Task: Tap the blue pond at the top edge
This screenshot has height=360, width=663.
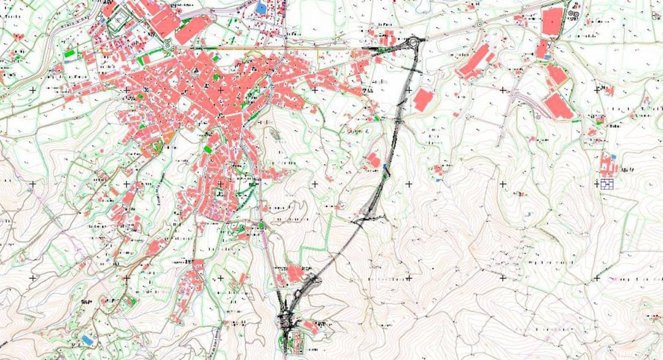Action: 262,7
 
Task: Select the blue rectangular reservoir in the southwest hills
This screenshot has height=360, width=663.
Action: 89,338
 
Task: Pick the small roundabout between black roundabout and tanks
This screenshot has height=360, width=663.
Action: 479,25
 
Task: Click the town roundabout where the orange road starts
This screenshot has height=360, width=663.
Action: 168,44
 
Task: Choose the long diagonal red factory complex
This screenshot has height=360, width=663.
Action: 476,61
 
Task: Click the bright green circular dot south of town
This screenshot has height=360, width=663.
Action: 261,225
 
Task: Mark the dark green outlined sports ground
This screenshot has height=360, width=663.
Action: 115,22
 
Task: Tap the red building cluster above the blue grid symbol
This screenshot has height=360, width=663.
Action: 608,163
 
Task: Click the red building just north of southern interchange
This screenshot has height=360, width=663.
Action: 295,272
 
